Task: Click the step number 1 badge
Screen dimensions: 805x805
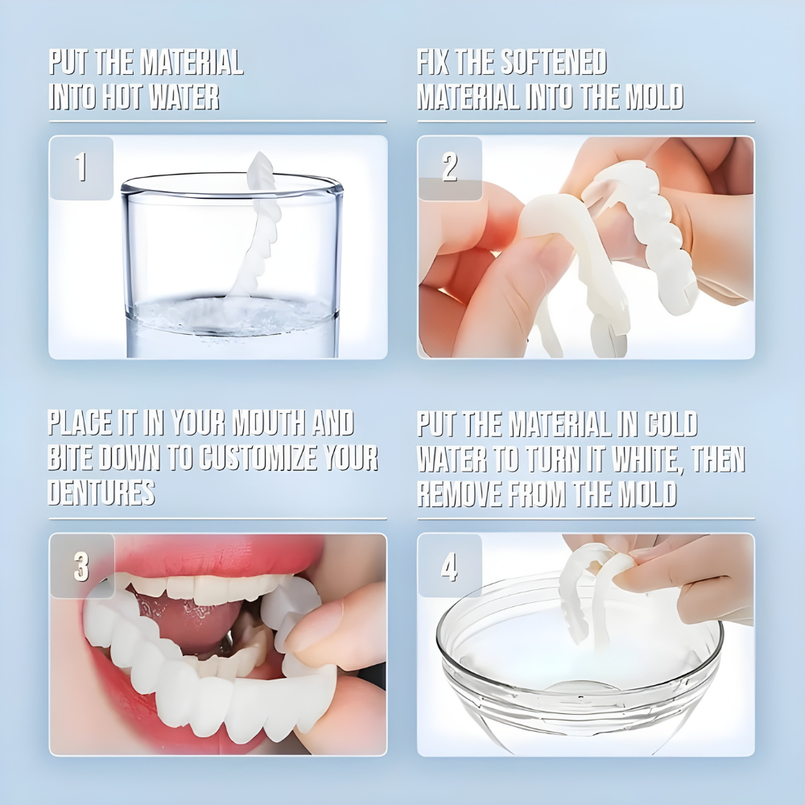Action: coord(81,168)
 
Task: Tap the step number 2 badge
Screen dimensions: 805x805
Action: coord(450,168)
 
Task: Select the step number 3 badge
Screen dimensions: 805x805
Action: coord(81,566)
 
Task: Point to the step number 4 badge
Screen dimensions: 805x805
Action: coord(450,566)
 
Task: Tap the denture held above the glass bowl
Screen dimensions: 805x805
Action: coord(592,592)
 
